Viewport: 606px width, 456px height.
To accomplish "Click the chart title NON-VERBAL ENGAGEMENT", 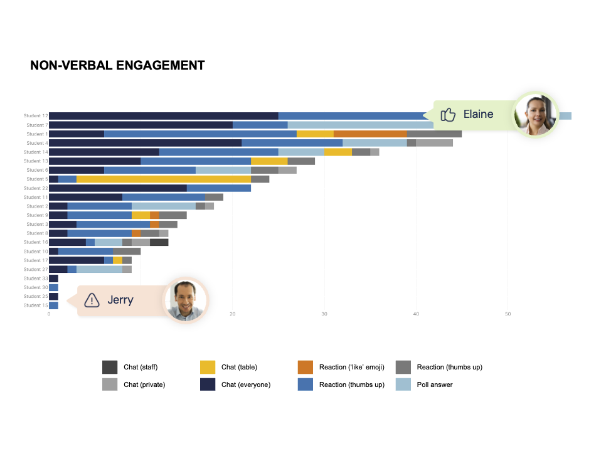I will point(117,65).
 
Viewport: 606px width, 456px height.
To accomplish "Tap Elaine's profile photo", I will point(535,114).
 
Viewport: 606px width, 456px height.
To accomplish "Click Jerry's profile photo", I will point(186,299).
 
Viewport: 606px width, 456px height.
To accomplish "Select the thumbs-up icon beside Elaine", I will point(448,114).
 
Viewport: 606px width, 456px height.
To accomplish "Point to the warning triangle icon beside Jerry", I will point(92,300).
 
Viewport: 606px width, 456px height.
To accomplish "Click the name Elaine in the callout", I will point(478,114).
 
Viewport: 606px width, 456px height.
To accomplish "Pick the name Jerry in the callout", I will point(120,300).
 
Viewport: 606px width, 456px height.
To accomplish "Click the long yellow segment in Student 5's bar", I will point(163,179).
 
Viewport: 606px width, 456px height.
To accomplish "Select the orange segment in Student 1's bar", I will point(370,134).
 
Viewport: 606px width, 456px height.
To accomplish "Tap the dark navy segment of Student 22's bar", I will point(118,188).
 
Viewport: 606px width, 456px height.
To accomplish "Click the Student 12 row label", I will point(36,116).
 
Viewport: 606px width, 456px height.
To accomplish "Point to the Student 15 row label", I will point(36,305).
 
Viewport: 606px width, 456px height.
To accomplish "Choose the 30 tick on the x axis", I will point(324,314).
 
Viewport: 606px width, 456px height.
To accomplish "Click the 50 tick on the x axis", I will point(508,314).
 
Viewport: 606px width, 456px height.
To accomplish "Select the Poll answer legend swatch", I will point(403,384).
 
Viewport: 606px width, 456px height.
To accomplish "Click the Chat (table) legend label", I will point(239,367).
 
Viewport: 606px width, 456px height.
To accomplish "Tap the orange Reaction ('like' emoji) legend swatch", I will point(306,367).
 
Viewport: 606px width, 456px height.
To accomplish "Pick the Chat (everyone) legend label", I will point(245,384).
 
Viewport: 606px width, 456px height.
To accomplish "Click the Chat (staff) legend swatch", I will point(110,367).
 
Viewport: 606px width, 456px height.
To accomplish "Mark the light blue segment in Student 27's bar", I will point(99,269).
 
